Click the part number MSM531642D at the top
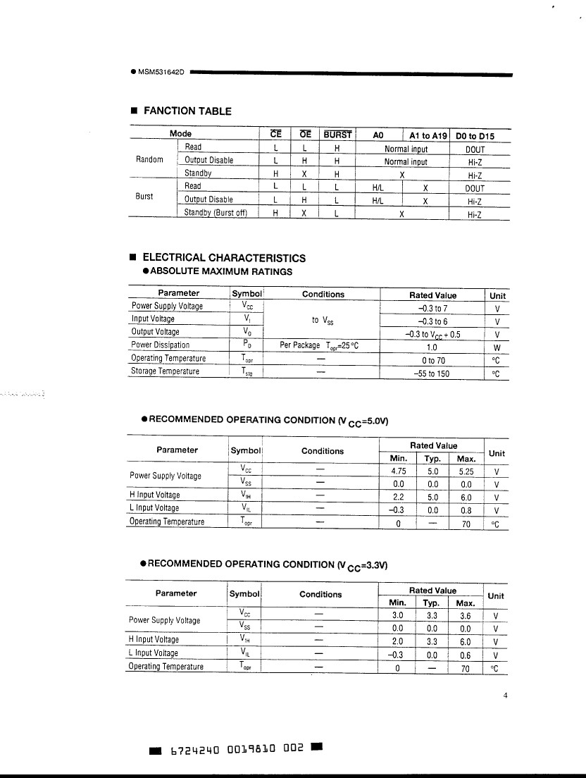(x=161, y=73)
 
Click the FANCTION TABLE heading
(x=187, y=111)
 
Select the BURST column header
(x=338, y=134)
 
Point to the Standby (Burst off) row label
(x=216, y=213)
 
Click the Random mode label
(x=149, y=160)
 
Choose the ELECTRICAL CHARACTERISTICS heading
(x=224, y=258)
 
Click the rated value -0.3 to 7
(x=432, y=308)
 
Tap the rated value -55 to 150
(x=432, y=373)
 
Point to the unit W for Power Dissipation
(x=497, y=347)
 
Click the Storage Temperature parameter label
(x=165, y=371)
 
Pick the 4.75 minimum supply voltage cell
(x=398, y=471)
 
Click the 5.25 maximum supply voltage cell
(x=466, y=471)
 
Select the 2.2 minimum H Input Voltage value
(x=398, y=497)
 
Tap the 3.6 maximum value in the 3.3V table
(x=466, y=616)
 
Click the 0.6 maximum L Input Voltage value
(x=466, y=655)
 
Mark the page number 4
(x=505, y=696)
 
